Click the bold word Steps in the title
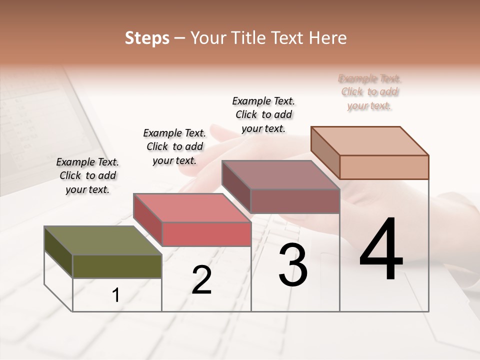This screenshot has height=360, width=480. (147, 38)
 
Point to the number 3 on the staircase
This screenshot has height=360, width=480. (292, 265)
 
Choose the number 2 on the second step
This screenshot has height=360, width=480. (201, 280)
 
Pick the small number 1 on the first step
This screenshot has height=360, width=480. (116, 295)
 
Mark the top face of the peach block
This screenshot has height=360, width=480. (370, 141)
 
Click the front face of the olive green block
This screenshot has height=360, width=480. (117, 266)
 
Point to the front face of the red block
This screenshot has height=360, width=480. (206, 234)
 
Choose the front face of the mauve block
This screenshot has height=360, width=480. (295, 201)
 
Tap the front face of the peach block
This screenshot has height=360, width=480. (384, 167)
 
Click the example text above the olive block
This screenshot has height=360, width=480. (87, 175)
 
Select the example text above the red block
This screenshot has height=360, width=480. (174, 146)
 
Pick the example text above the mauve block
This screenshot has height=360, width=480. (263, 114)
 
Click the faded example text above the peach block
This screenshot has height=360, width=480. (369, 92)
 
